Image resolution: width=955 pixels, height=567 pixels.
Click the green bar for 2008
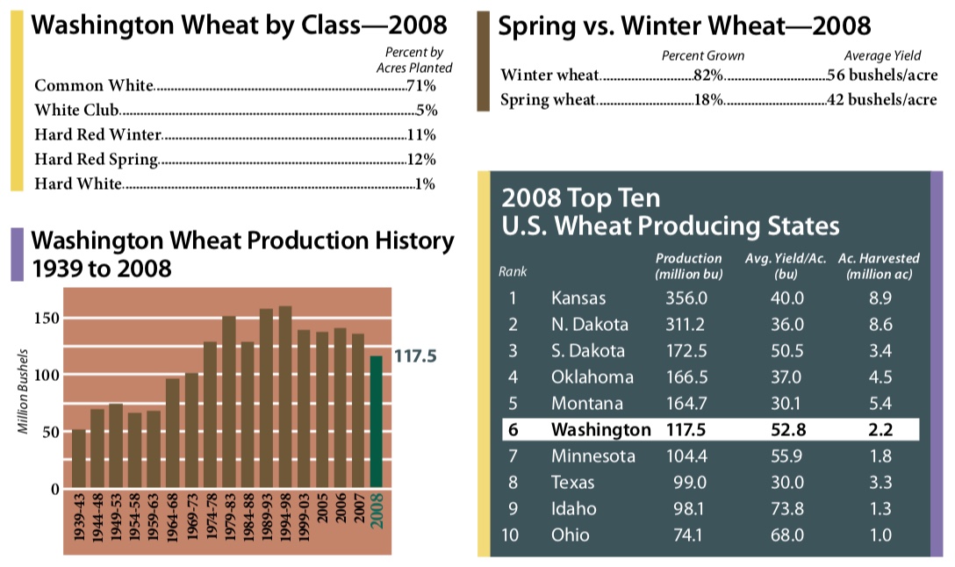coord(377,421)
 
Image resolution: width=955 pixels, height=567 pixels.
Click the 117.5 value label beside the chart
coord(415,357)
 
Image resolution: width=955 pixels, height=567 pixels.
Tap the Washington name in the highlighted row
coord(601,430)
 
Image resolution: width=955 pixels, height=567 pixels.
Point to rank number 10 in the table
coord(513,535)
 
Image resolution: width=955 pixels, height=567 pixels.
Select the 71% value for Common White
coord(422,86)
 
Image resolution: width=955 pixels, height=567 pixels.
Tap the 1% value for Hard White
coord(426,184)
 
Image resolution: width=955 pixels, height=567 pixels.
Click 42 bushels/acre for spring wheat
coord(881,99)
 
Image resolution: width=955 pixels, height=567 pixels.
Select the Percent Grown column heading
coord(702,55)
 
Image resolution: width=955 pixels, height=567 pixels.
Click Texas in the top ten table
coord(573,483)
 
